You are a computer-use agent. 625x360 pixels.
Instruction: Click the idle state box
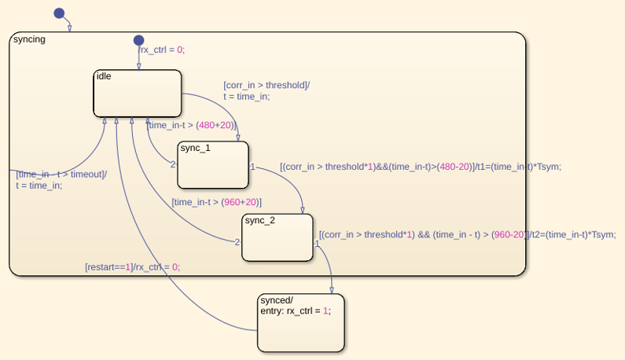pyautogui.click(x=138, y=94)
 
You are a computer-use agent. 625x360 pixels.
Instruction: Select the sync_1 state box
pyautogui.click(x=213, y=164)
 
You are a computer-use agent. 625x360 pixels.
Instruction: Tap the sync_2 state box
pyautogui.click(x=278, y=237)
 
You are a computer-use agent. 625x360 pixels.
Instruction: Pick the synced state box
pyautogui.click(x=301, y=323)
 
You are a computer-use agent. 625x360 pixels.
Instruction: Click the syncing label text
pyautogui.click(x=29, y=39)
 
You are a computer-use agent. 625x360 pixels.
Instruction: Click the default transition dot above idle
pyautogui.click(x=138, y=40)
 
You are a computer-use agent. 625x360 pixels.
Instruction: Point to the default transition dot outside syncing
pyautogui.click(x=59, y=13)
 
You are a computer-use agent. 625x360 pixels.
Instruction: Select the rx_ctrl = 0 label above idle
pyautogui.click(x=161, y=50)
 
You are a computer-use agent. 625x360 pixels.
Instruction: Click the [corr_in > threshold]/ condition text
pyautogui.click(x=267, y=86)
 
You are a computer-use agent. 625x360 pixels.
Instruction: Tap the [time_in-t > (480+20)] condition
pyautogui.click(x=192, y=125)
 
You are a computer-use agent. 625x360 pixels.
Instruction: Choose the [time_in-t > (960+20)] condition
pyautogui.click(x=216, y=202)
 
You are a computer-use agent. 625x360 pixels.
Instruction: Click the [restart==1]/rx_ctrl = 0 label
pyautogui.click(x=133, y=267)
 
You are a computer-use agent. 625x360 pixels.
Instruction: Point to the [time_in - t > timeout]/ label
pyautogui.click(x=61, y=174)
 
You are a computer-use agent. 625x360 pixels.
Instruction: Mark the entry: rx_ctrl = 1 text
pyautogui.click(x=296, y=311)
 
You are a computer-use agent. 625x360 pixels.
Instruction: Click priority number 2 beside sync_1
pyautogui.click(x=173, y=164)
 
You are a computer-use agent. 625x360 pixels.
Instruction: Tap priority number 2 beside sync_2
pyautogui.click(x=237, y=242)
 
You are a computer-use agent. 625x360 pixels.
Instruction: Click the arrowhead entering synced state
pyautogui.click(x=332, y=291)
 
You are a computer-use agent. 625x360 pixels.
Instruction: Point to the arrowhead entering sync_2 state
pyautogui.click(x=303, y=211)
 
